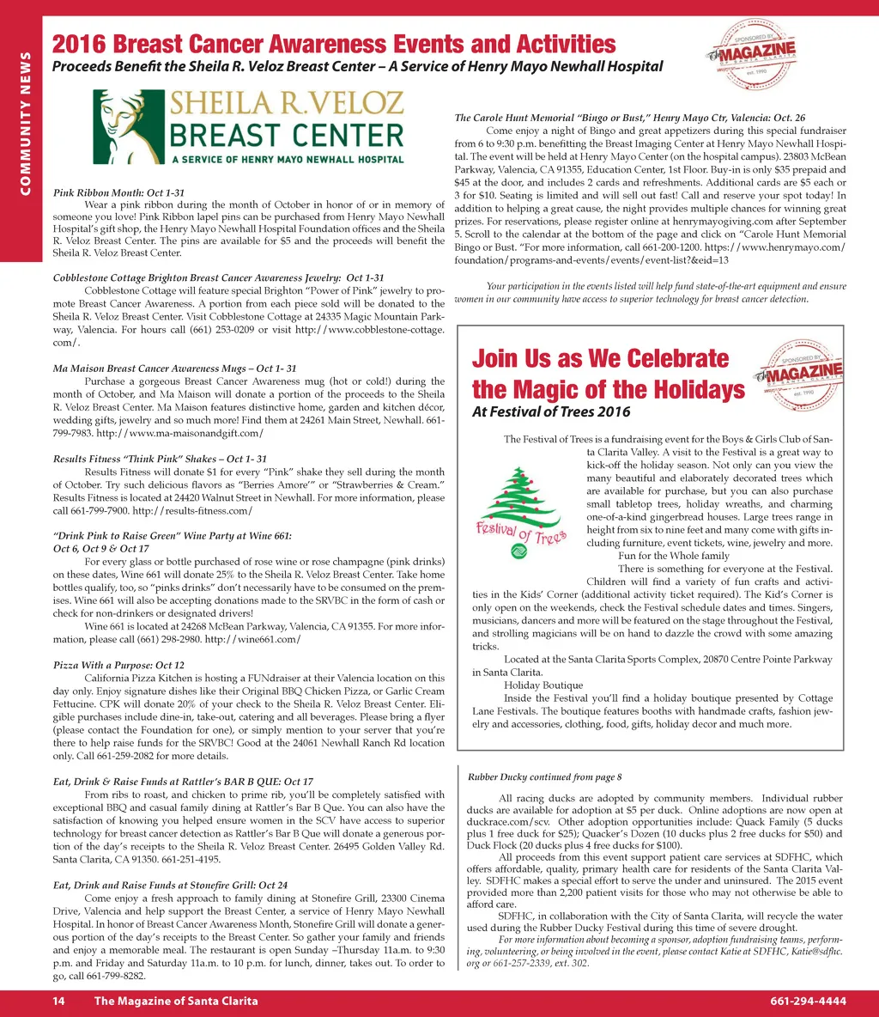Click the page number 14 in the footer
click(x=59, y=1001)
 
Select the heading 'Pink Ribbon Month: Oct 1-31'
click(x=118, y=192)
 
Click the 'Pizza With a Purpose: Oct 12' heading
click(x=118, y=665)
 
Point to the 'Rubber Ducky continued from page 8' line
click(x=544, y=777)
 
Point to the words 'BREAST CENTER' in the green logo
click(x=286, y=136)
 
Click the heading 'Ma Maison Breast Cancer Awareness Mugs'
click(x=174, y=368)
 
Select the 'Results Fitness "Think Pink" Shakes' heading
click(x=160, y=459)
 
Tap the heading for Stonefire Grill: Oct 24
click(x=170, y=885)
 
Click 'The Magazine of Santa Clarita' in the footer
click(x=176, y=1001)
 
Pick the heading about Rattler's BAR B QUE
click(x=183, y=782)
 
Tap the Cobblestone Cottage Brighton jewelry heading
click(x=218, y=278)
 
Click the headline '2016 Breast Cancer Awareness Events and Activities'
click(x=334, y=44)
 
